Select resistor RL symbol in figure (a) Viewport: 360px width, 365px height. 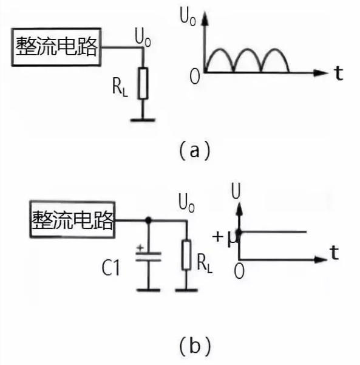pos(143,83)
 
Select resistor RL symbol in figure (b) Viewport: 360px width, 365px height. pos(186,254)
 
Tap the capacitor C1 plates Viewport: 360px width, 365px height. pos(148,256)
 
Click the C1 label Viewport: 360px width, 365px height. pos(110,268)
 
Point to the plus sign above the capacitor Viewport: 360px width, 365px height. pos(140,248)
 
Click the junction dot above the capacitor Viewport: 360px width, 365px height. pos(148,219)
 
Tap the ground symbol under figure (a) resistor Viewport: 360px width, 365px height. pos(143,120)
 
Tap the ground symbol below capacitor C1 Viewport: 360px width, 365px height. pos(148,290)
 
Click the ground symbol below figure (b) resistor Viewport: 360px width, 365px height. pos(186,290)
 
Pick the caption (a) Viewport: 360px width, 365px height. pos(194,151)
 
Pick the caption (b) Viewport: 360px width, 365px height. pos(195,346)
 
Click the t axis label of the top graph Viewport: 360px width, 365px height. pos(339,73)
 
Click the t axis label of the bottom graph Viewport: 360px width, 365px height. pos(335,253)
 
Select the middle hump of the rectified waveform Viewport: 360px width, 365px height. pos(247,49)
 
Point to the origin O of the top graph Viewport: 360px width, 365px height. pos(194,77)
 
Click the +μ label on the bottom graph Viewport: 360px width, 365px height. pos(225,238)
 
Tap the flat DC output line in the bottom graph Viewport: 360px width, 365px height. pos(272,232)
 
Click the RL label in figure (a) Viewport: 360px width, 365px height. pos(120,87)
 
